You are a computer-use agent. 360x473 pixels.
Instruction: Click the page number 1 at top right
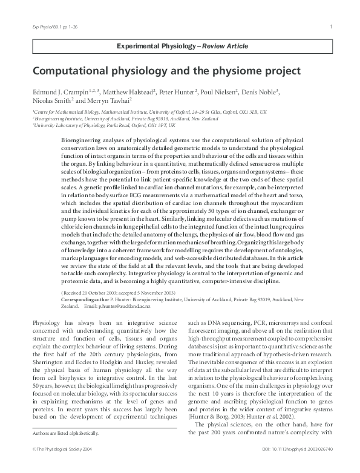[x=330, y=26]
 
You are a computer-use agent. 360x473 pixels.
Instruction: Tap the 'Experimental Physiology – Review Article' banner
[x=180, y=46]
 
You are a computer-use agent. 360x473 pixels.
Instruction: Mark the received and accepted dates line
[x=115, y=293]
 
